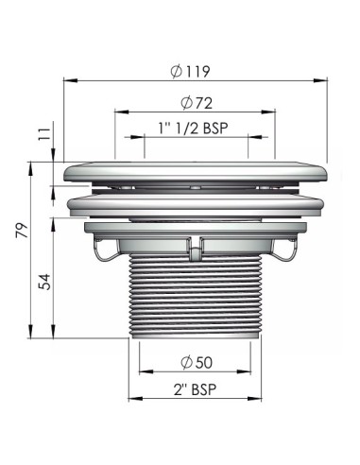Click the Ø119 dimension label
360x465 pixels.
click(x=190, y=71)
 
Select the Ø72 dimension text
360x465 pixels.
click(x=197, y=103)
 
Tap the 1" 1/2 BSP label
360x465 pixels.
click(x=193, y=129)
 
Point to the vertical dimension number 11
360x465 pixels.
click(x=44, y=134)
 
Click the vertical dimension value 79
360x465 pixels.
click(x=22, y=231)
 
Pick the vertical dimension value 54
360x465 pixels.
click(x=44, y=282)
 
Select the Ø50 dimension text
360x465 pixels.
click(x=197, y=362)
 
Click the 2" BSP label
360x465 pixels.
click(x=195, y=389)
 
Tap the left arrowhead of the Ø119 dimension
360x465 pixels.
click(x=71, y=80)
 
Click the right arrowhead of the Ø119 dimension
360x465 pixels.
click(x=320, y=80)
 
